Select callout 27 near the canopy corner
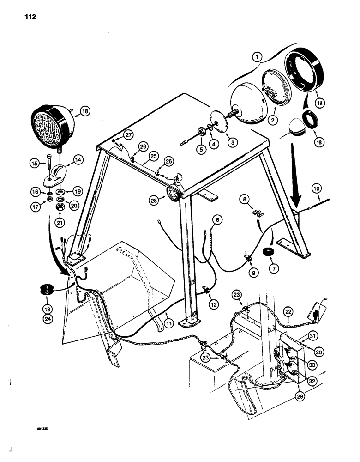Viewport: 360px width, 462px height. click(x=128, y=134)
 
